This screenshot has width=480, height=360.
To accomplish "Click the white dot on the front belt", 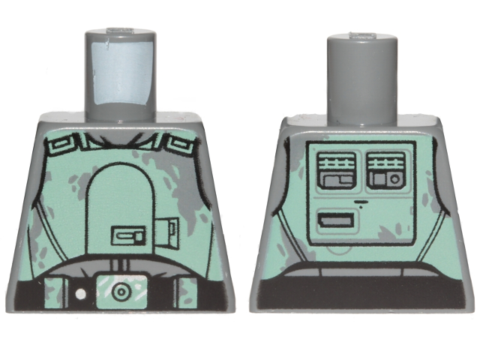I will pos(79,294).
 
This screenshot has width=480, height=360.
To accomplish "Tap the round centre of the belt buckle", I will pos(117,289).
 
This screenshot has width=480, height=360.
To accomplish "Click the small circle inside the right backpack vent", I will pos(394,181).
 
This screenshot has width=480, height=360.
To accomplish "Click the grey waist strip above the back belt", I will pos(360,271).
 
